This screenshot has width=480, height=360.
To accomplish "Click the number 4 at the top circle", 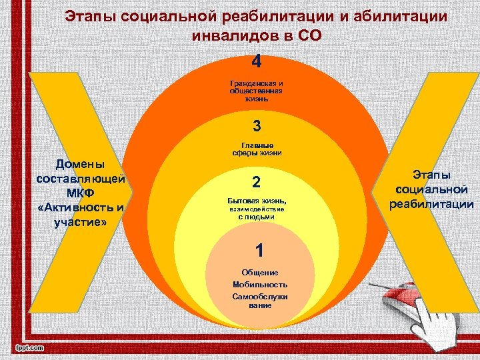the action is pos(257,62).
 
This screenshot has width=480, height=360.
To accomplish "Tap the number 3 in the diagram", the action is pos(257,125).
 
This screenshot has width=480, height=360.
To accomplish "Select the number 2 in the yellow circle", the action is pos(256,183).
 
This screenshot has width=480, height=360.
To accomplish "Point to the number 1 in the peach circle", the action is pos(261,249).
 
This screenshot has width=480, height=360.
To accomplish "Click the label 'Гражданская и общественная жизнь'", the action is pos(256,91).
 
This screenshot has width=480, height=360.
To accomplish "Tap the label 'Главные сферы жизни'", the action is pos(257,149).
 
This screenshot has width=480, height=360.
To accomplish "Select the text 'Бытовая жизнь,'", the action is pos(257,201).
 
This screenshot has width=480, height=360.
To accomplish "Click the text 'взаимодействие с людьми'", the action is pos(257,213).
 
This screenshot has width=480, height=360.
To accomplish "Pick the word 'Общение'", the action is pos(261,273).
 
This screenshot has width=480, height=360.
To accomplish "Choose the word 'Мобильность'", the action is pos(261,284).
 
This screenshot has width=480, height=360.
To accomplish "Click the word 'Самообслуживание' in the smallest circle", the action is pos(261,300).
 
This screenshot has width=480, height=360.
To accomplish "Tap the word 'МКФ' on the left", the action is pos(79,193).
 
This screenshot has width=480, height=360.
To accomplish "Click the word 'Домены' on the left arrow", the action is pos(79,164).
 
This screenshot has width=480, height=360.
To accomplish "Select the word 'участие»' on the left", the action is pos(81,222).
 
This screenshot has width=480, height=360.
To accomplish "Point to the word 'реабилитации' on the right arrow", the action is pos(432,204).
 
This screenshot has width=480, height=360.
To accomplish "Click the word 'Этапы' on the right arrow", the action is pos(431,175).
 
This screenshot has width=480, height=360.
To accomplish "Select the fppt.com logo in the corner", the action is pos(29,347).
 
